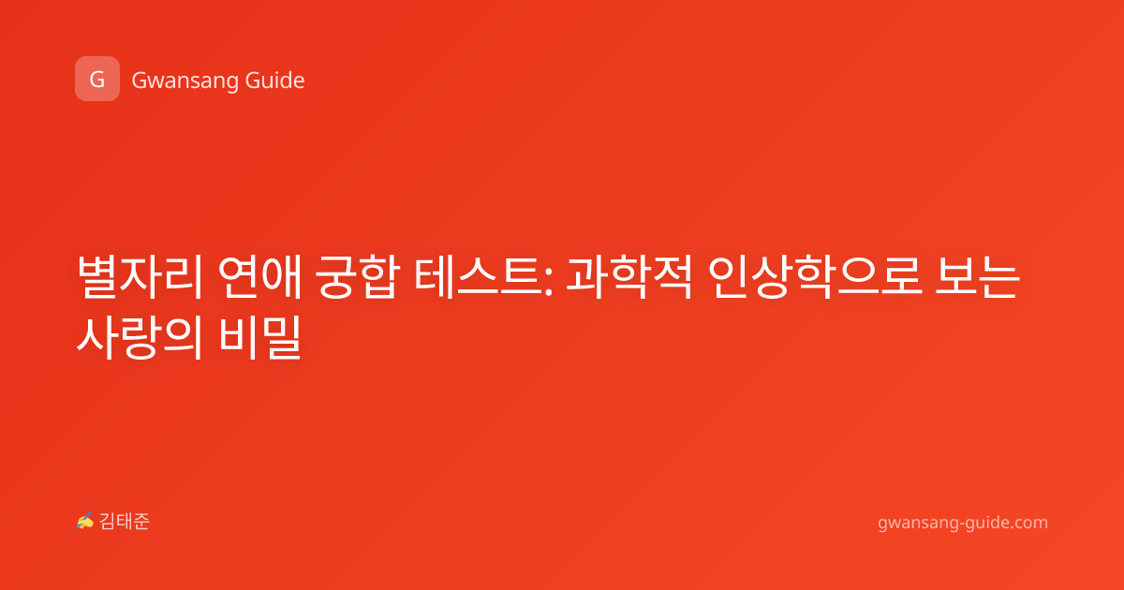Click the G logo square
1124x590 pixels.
[x=97, y=79]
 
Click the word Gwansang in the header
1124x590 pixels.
[x=185, y=81]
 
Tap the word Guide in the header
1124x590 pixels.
[x=275, y=81]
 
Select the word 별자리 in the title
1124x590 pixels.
[x=140, y=277]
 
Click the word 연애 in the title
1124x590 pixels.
[x=260, y=277]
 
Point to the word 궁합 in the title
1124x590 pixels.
[x=357, y=277]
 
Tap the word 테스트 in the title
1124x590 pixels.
[x=478, y=277]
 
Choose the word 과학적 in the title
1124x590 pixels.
[x=629, y=277]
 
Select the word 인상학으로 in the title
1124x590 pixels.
[x=815, y=277]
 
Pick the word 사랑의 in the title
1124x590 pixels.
[x=140, y=337]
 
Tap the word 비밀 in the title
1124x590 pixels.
[x=260, y=337]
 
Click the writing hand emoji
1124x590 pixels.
[x=85, y=521]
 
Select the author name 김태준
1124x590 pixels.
[x=125, y=522]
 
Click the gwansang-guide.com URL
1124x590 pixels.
[x=963, y=523]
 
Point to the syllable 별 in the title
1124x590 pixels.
[x=97, y=277]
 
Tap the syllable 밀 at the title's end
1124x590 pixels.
[x=281, y=337]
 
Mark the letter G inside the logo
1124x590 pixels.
[x=96, y=80]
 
